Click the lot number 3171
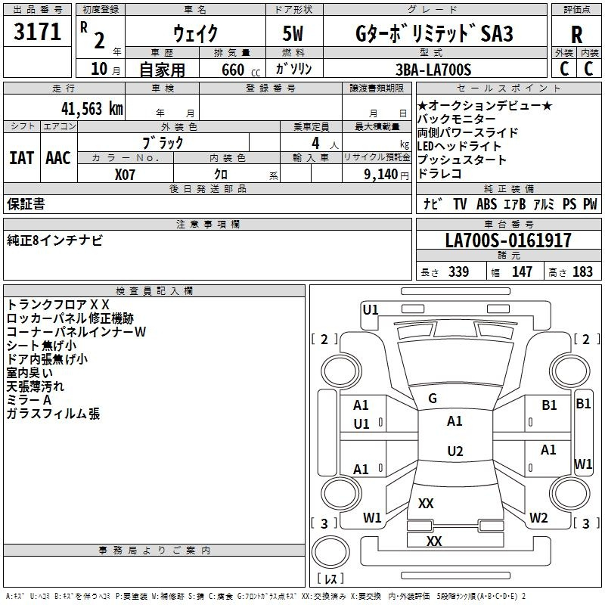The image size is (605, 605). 38,32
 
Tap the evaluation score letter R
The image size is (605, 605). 576,36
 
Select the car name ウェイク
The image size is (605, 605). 195,33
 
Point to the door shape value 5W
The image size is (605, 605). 295,33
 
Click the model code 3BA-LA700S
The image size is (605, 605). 434,70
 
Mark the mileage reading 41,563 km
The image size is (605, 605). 89,108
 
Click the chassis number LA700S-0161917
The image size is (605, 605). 508,240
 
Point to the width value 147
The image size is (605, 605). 522,271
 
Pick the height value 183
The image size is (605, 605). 582,271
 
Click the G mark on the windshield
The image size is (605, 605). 433,399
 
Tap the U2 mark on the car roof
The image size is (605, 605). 455,451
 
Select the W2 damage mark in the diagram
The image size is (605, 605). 538,518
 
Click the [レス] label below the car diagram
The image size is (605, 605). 330,580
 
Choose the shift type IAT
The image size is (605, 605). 20,158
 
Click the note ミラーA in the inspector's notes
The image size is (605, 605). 29,399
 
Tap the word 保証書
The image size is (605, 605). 26,203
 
